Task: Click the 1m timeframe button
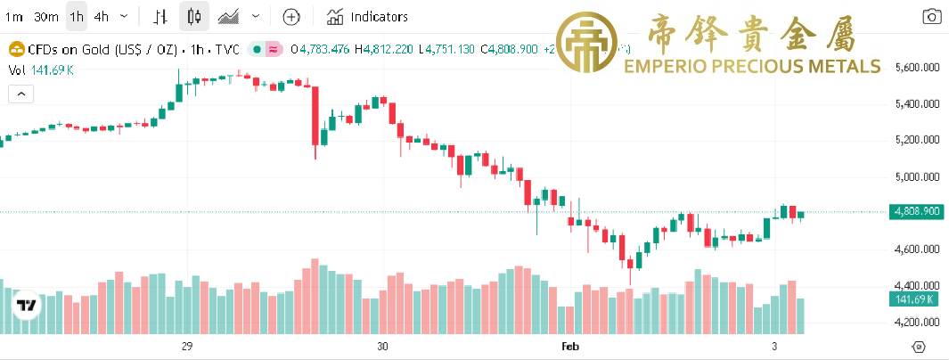click(14, 16)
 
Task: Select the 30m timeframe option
click(46, 16)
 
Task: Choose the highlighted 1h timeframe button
click(77, 16)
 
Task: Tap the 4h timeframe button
click(102, 16)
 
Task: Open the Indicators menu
click(367, 16)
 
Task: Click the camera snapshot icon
click(931, 16)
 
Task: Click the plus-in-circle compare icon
click(291, 16)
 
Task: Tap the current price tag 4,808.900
click(915, 212)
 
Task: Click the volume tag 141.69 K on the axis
click(915, 299)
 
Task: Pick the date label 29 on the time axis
click(187, 346)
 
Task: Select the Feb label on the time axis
click(569, 346)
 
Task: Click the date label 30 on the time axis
click(382, 346)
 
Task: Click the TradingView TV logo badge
click(27, 306)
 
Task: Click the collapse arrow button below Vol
click(20, 93)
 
